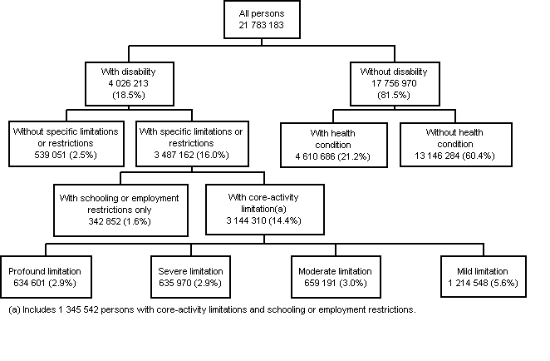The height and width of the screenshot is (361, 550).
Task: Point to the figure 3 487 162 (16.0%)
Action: [192, 156]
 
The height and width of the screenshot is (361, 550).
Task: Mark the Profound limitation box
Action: [46, 277]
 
